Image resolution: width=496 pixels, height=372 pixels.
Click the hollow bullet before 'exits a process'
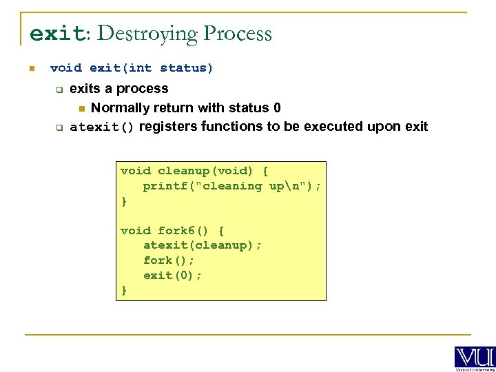[x=59, y=89]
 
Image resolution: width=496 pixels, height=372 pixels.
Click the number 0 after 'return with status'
[x=277, y=107]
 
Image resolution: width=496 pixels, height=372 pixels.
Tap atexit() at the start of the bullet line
[x=102, y=127]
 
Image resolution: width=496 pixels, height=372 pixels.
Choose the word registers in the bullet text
[x=169, y=127]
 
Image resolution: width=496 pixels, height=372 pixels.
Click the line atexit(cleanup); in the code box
[x=203, y=245]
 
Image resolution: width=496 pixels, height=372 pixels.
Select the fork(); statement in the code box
[x=169, y=260]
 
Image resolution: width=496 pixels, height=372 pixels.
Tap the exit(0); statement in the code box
[x=172, y=276]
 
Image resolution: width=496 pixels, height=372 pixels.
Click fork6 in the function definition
[x=176, y=230]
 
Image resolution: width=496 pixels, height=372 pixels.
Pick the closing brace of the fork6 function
[x=124, y=290]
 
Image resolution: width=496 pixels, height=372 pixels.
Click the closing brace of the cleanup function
[x=124, y=200]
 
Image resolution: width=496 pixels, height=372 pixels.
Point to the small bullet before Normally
[x=81, y=108]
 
